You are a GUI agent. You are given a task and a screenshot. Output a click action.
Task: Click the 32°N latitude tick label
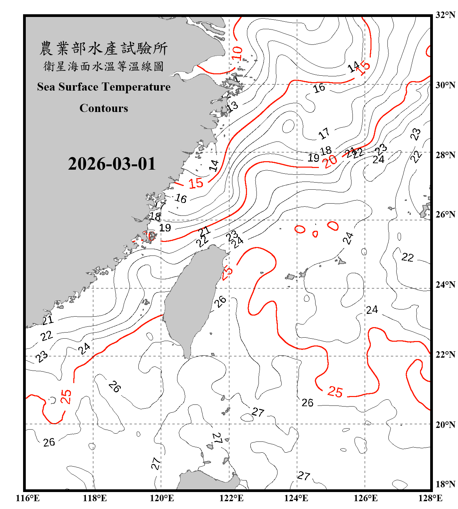point(445,15)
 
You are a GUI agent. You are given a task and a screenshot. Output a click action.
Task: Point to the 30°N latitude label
point(445,85)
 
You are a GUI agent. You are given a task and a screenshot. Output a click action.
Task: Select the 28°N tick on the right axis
point(445,155)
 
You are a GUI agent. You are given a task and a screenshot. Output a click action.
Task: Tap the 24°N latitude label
point(445,285)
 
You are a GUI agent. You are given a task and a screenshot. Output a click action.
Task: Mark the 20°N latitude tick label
point(445,425)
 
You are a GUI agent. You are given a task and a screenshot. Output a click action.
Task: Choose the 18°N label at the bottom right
point(445,484)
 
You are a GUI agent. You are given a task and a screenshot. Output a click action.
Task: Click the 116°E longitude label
point(27,498)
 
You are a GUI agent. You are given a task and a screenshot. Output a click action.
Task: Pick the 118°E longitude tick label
point(95,498)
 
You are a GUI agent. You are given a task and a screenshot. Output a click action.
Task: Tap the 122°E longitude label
point(231,498)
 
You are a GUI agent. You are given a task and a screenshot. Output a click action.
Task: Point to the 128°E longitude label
point(430,498)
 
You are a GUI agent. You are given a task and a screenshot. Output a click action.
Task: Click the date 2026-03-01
point(112,164)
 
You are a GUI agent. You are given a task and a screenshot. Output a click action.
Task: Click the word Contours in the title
point(104,108)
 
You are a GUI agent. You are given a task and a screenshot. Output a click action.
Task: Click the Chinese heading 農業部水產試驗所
point(103,48)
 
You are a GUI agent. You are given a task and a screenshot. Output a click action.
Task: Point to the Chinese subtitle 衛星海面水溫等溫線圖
point(103,66)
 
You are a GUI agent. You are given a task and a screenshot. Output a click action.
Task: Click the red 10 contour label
point(237,53)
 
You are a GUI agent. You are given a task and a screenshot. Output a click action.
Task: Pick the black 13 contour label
point(232,107)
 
